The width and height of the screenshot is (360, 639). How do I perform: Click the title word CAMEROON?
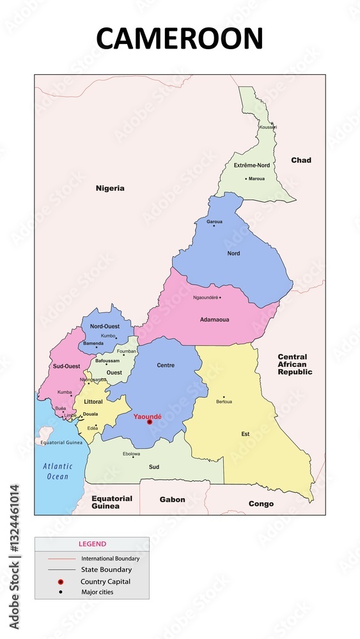point(180,38)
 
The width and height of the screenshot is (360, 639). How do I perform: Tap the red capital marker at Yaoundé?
point(150,422)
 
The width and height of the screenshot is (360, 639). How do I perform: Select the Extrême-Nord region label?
point(251,166)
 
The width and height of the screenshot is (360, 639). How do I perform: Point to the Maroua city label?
point(256,179)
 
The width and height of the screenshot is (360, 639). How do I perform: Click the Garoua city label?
point(214,222)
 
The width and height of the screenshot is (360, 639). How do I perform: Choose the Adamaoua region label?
point(215,319)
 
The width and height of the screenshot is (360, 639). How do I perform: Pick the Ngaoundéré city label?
point(205,298)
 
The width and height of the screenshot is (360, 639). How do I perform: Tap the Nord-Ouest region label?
point(105,327)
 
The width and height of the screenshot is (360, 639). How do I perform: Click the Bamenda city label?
point(93,344)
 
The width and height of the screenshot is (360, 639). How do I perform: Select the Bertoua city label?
point(224,402)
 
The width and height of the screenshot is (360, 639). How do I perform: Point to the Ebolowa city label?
point(131,454)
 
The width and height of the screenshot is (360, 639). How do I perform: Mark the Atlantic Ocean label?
point(57,472)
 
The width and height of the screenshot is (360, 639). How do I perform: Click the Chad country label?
point(301,160)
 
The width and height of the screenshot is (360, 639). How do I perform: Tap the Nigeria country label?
point(110,189)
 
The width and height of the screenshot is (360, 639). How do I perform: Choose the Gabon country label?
point(172,500)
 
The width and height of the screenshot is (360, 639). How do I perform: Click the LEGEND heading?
point(92,544)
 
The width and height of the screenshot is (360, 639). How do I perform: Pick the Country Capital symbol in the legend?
point(60,581)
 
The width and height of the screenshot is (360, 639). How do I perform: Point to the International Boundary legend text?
point(110,558)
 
